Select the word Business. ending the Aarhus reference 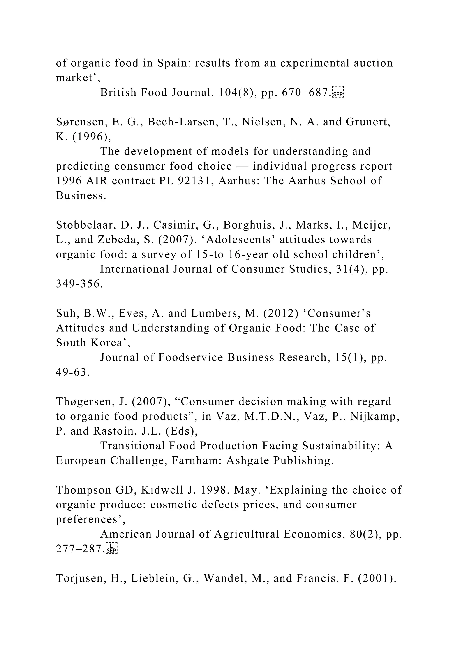pos(81,196)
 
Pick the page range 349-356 pos(79,284)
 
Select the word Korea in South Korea pos(110,343)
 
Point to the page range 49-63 pos(73,372)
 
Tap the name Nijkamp pos(373,417)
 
